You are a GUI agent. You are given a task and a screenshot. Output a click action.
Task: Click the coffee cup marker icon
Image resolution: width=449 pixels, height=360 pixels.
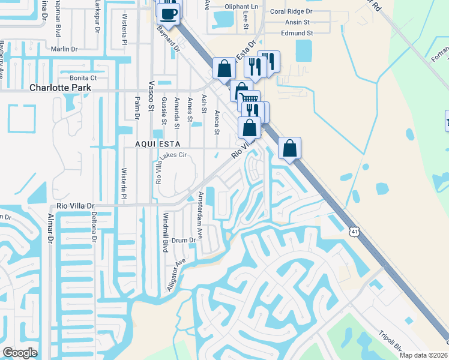tap(168, 13)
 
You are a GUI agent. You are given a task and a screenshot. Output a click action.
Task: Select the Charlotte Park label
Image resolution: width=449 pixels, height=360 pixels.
tap(60, 88)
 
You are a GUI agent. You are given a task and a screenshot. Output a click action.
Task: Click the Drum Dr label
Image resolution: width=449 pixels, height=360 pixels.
tap(184, 240)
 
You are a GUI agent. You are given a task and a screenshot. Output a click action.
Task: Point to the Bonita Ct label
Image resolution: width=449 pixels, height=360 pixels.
tap(83, 78)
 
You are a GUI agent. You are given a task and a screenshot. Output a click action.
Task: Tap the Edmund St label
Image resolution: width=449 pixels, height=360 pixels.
tap(297, 34)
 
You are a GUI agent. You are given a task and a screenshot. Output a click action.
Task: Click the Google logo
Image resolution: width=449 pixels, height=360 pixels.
tap(20, 353)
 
